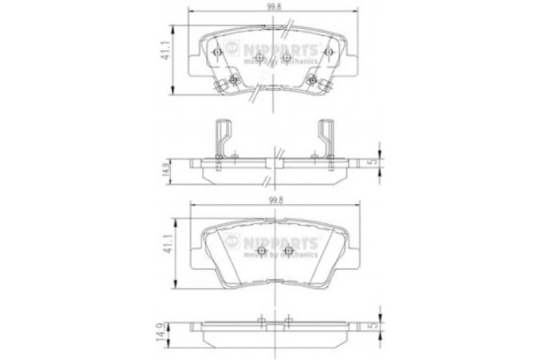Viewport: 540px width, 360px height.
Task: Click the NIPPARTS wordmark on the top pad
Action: click(x=280, y=49)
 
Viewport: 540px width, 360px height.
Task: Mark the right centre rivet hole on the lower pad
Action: click(x=288, y=250)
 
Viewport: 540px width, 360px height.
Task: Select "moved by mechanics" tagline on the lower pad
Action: click(x=280, y=254)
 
